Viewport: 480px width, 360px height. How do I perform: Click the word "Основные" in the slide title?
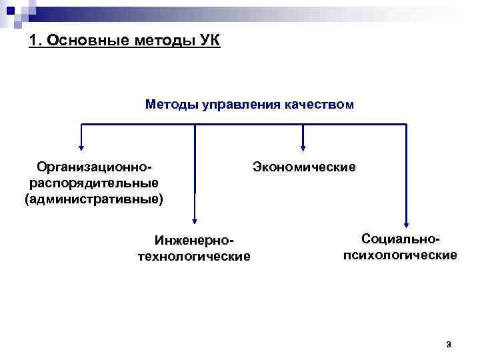[78, 42]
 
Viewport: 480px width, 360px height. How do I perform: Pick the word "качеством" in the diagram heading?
[317, 105]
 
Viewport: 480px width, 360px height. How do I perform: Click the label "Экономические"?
[304, 166]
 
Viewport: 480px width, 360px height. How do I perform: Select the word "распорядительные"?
[94, 182]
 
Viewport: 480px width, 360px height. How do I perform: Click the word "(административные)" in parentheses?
[93, 199]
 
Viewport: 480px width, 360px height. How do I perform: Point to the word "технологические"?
[194, 256]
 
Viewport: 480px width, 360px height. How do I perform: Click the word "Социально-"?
[401, 239]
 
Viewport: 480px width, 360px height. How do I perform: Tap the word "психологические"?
[400, 255]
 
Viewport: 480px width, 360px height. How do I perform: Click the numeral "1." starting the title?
[36, 42]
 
